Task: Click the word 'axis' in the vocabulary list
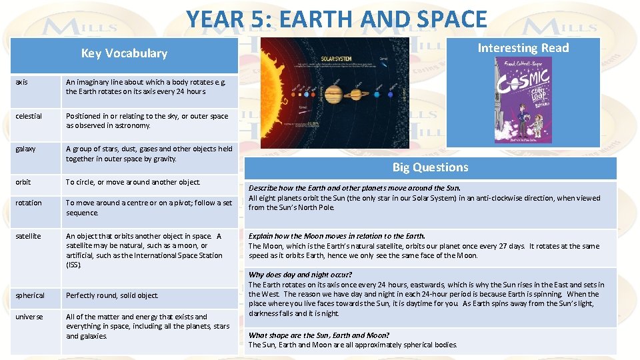[21, 82]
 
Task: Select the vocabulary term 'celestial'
[29, 116]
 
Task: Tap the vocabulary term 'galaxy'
[26, 149]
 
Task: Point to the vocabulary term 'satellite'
[28, 236]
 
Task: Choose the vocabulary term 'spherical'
[30, 295]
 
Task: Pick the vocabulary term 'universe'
[29, 317]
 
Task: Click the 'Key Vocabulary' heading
[124, 53]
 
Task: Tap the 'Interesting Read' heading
[523, 47]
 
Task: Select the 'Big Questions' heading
[430, 167]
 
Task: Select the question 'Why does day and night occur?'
[300, 275]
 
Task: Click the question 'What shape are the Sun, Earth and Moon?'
[319, 335]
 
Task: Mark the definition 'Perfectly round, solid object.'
[112, 295]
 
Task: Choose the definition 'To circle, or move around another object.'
[133, 182]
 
